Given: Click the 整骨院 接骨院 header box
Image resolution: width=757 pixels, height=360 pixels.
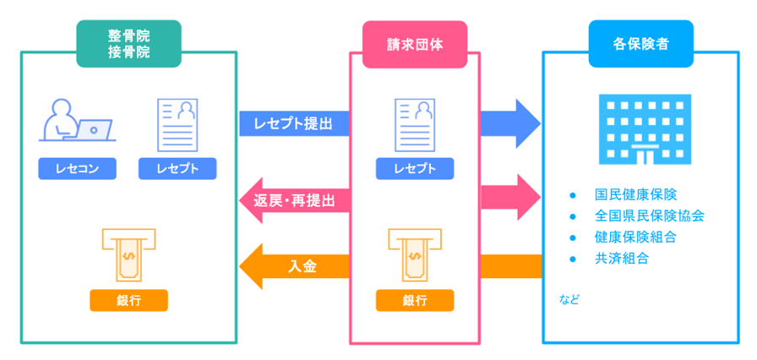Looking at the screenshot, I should coord(128,44).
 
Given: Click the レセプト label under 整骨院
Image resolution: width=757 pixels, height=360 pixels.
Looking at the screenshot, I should coord(177,169).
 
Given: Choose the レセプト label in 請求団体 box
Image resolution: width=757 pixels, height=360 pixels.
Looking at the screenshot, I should coord(415,169).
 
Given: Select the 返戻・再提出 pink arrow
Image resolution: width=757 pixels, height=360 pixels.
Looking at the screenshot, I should coord(293,200).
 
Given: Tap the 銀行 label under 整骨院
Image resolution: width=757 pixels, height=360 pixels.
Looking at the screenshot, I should coord(128,300).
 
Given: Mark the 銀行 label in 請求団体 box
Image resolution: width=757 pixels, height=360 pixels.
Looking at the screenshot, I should coord(415,300).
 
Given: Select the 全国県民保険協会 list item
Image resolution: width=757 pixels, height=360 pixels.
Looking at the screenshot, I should coord(649,215).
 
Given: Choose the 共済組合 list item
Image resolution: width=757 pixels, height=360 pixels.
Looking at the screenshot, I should coord(622,259).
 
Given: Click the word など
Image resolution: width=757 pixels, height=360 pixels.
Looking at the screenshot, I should coord(569,300).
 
